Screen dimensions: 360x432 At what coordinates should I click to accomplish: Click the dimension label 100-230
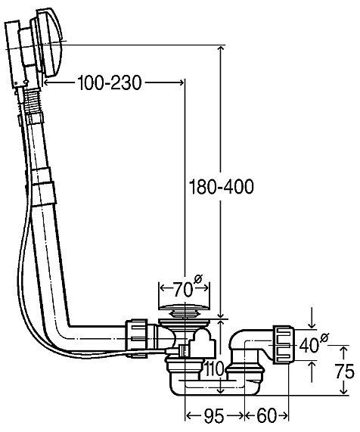click(110, 82)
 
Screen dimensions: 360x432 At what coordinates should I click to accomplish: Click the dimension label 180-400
click(221, 187)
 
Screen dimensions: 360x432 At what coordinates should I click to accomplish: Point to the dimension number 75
click(344, 371)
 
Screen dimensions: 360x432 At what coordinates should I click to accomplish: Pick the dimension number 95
click(214, 415)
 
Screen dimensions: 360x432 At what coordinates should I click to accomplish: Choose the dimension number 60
click(266, 415)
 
